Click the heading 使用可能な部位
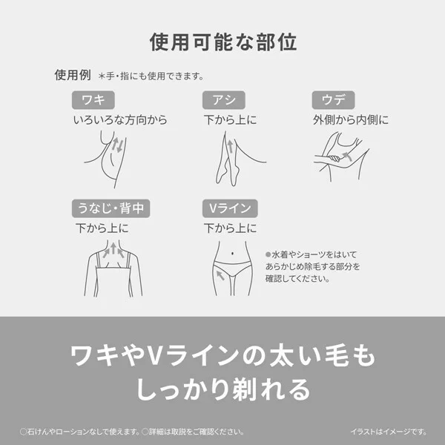[x=222, y=42]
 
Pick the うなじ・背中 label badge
[x=111, y=208]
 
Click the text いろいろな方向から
[x=119, y=119]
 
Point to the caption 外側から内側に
[x=351, y=119]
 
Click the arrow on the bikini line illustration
[x=220, y=276]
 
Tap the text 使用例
[x=72, y=76]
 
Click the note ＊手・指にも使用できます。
[x=151, y=76]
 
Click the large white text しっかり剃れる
[x=222, y=389]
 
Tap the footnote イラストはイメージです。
[x=388, y=431]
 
